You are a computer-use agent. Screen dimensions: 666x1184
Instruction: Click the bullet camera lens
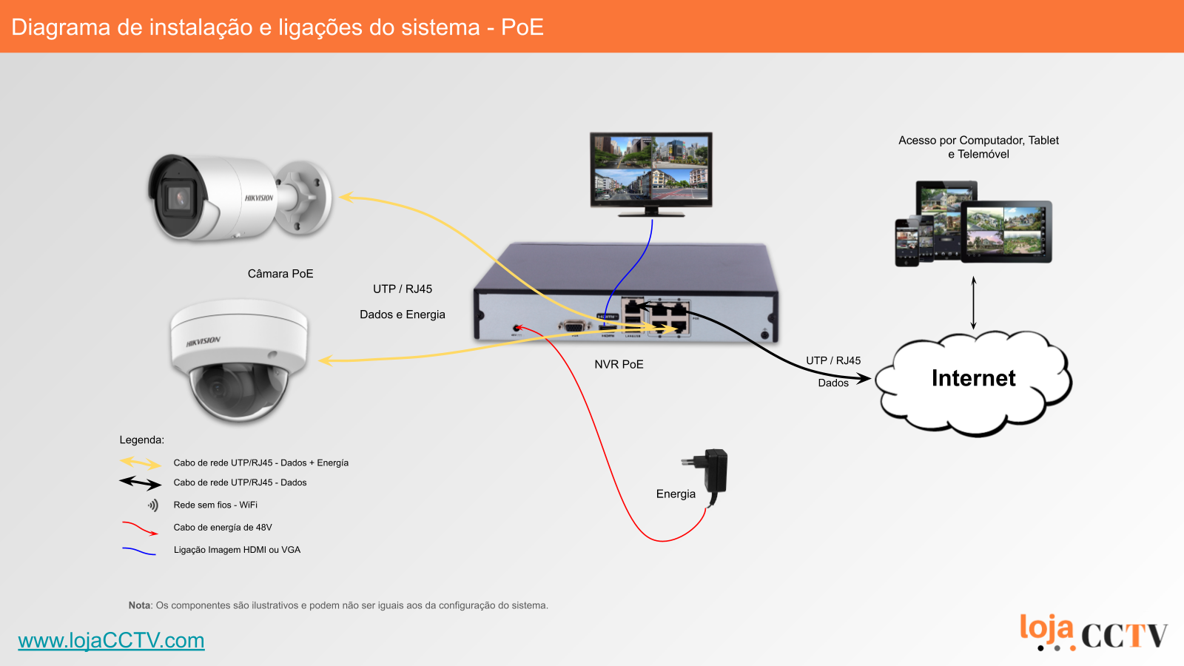click(178, 198)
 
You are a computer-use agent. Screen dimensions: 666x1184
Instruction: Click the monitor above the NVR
click(650, 169)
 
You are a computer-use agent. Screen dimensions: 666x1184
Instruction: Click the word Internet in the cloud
click(973, 378)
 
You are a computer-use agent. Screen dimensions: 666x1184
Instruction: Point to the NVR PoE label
click(619, 364)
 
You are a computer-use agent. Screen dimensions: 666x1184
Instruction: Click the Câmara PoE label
click(280, 274)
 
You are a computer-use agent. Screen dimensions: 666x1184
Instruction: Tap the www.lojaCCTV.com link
click(111, 640)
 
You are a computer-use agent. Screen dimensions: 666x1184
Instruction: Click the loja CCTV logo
click(1093, 633)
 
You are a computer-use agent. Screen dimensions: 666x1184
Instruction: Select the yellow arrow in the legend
click(141, 463)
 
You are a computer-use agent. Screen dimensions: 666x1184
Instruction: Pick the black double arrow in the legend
click(141, 483)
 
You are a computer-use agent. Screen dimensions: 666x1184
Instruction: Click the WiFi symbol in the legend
click(152, 505)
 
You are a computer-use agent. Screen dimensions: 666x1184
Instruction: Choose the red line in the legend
click(140, 528)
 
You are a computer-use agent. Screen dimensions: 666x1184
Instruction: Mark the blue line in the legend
click(139, 551)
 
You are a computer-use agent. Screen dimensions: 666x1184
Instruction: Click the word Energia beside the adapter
click(676, 494)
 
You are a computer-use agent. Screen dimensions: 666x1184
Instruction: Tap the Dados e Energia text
click(403, 314)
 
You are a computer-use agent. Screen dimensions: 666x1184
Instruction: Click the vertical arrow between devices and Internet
click(973, 303)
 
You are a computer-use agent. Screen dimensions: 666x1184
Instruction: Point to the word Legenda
click(141, 440)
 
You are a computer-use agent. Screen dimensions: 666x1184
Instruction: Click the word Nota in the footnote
click(139, 605)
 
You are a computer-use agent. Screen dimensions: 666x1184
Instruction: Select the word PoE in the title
click(522, 27)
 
